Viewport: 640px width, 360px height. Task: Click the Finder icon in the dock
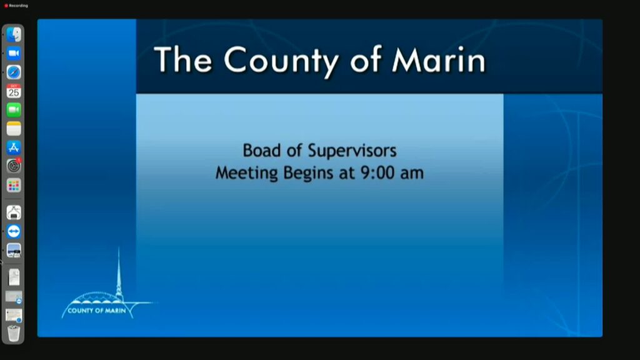14,35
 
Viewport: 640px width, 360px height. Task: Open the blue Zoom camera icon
14,54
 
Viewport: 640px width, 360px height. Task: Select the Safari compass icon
14,72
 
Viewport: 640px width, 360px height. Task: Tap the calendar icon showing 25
14,91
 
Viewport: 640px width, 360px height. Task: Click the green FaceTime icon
14,110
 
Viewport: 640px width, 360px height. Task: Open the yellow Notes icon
14,129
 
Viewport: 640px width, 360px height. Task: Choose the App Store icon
14,147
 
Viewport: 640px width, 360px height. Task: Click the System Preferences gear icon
14,166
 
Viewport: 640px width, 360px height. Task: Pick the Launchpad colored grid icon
14,185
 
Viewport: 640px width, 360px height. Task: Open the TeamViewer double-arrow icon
14,231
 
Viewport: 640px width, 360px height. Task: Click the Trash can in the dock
14,333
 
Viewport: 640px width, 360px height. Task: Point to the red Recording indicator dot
6,6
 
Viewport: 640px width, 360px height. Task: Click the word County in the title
281,61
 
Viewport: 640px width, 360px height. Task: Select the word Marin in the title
439,61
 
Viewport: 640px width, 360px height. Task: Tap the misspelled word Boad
262,150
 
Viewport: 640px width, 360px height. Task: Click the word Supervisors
352,151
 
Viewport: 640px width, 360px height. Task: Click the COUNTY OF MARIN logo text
97,311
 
